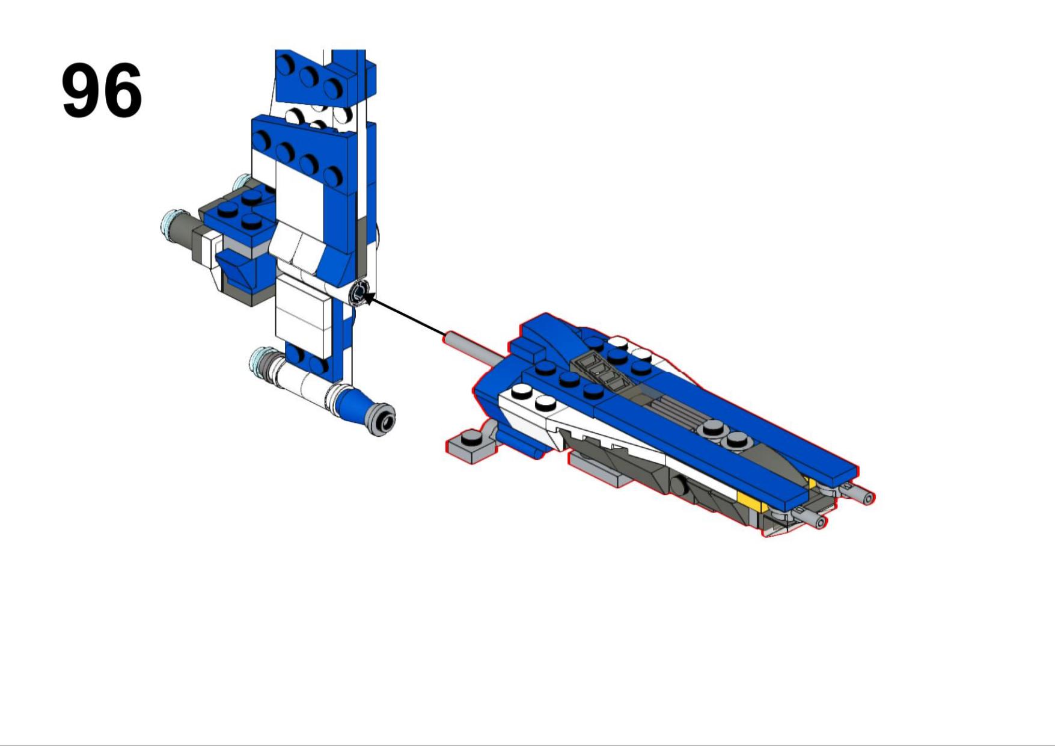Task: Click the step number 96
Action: (x=102, y=90)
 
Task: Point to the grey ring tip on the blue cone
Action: (x=382, y=419)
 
